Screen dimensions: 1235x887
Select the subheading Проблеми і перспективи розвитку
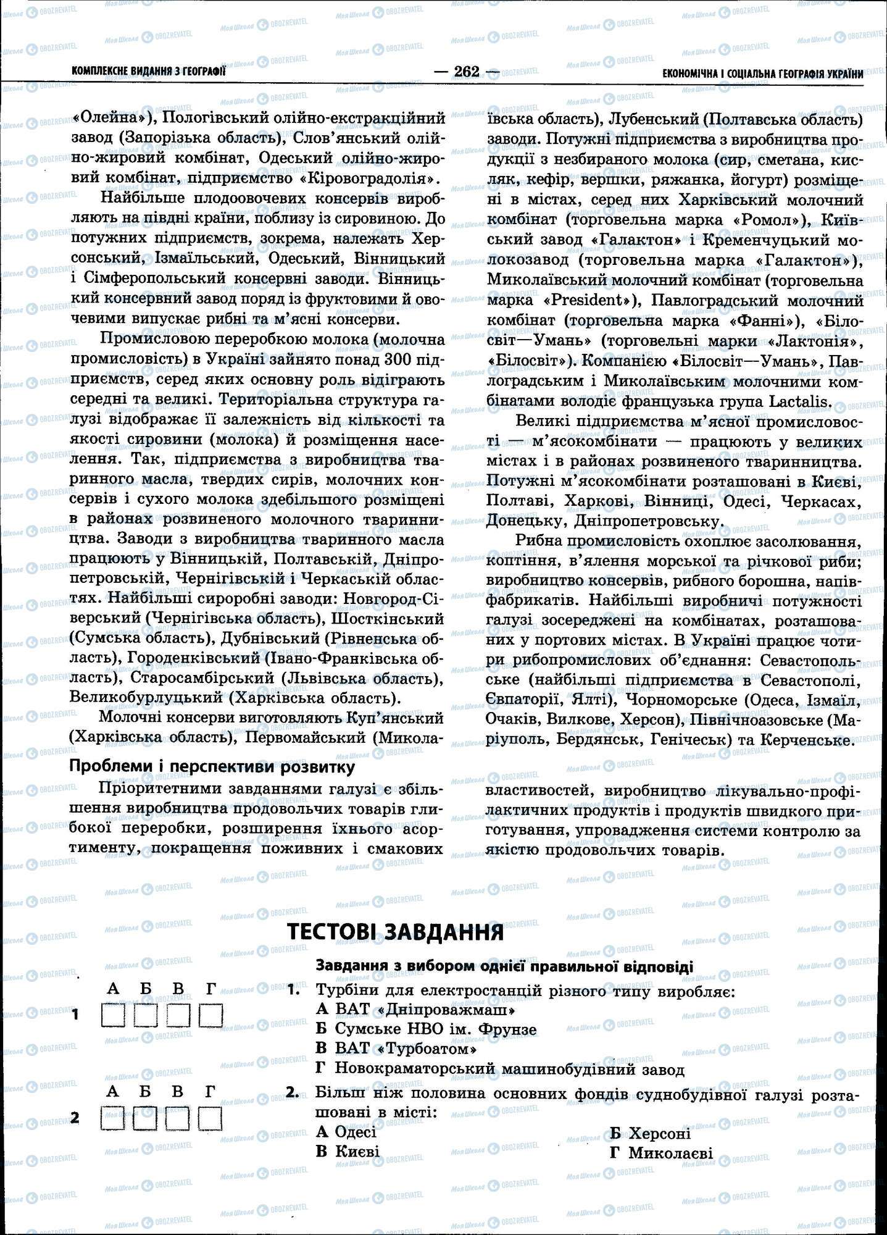212,767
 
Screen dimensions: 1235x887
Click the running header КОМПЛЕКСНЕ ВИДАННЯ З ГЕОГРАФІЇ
148,72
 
